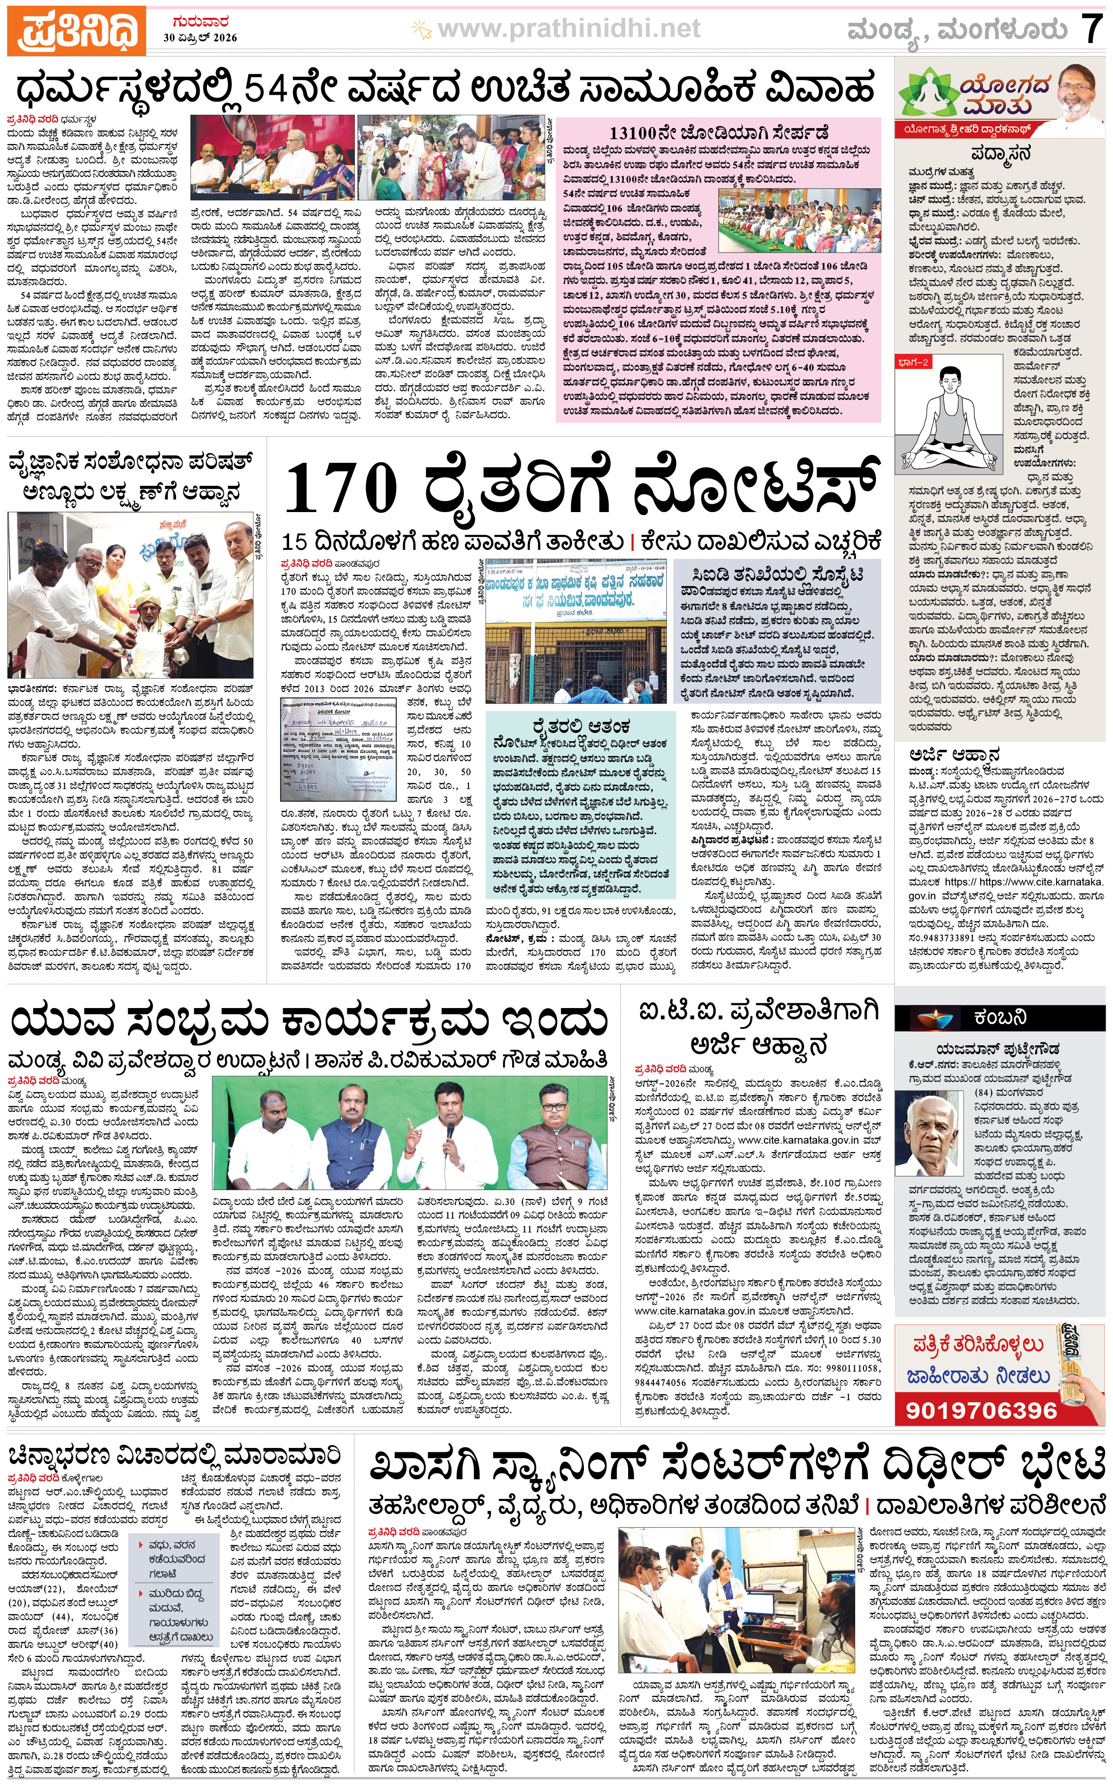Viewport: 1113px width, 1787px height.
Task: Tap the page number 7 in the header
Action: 1091,30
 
